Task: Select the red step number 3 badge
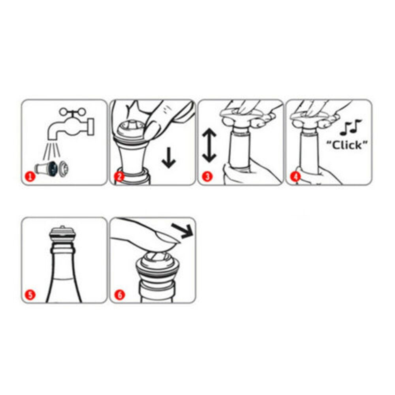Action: pyautogui.click(x=207, y=176)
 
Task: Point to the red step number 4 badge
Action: pyautogui.click(x=295, y=176)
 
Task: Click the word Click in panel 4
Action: pyautogui.click(x=346, y=145)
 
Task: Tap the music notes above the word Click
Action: pyautogui.click(x=351, y=127)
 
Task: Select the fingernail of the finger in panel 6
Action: pyautogui.click(x=166, y=237)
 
